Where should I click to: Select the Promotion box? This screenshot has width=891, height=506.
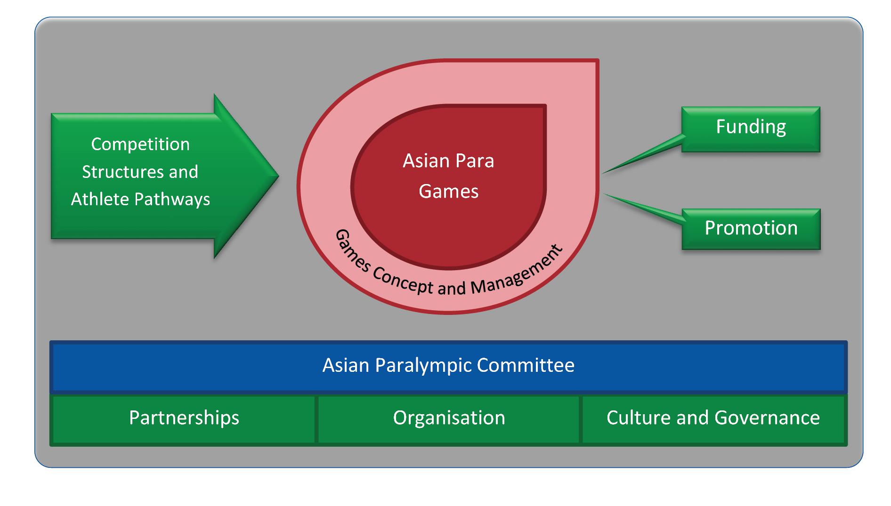(751, 229)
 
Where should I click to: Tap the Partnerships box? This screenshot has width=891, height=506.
(184, 418)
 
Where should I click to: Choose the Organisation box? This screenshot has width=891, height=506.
(449, 418)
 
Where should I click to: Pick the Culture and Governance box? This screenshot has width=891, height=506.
(713, 418)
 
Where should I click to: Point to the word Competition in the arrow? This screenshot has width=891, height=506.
(140, 145)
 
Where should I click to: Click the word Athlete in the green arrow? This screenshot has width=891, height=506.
(100, 200)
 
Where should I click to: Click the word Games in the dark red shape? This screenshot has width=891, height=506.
(449, 192)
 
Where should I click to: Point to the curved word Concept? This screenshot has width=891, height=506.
(403, 281)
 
